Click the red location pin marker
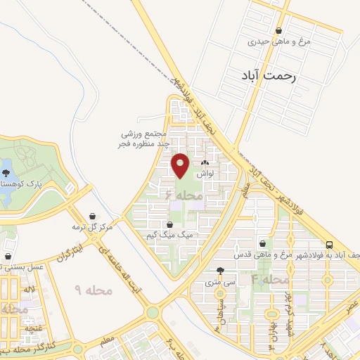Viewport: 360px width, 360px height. pyautogui.click(x=181, y=165)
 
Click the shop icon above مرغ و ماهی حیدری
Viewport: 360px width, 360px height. pyautogui.click(x=280, y=31)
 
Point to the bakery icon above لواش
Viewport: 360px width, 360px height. pyautogui.click(x=205, y=162)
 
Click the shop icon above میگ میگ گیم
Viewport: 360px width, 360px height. pyautogui.click(x=169, y=224)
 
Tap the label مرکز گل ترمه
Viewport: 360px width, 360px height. pyautogui.click(x=92, y=226)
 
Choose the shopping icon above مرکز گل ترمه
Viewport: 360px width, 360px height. pyautogui.click(x=92, y=216)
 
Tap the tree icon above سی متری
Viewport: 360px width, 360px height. pyautogui.click(x=221, y=271)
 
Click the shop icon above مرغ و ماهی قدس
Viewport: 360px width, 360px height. pyautogui.click(x=262, y=243)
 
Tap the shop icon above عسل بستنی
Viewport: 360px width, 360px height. pyautogui.click(x=7, y=256)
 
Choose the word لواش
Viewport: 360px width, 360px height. pyautogui.click(x=205, y=173)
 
